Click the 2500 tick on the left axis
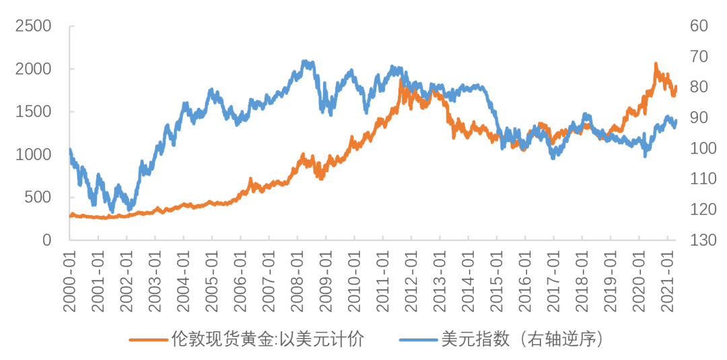33,26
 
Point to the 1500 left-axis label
33,112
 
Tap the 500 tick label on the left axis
38,197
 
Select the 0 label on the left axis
48,240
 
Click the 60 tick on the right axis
698,26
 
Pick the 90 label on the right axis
698,118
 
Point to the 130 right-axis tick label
701,240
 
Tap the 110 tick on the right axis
701,179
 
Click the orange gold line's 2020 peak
656,64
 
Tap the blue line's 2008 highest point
305,61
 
